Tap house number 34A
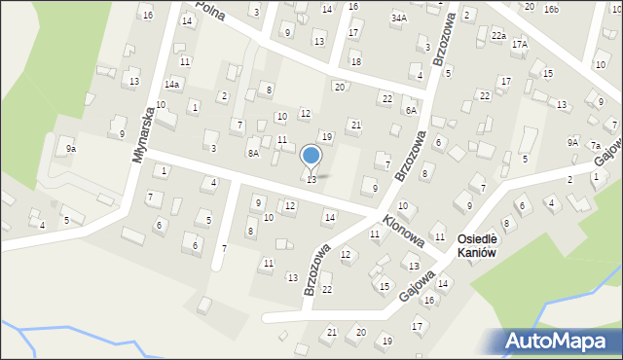398,18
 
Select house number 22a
498,36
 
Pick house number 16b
552,9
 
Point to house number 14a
171,85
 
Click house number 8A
253,153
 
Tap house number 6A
411,111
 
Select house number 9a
70,149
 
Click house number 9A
572,142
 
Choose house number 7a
595,146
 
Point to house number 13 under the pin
311,179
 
